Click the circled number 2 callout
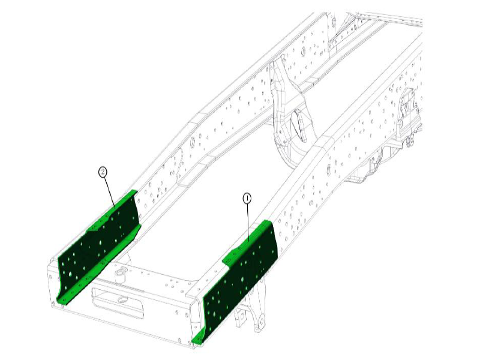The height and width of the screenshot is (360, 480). point(103,172)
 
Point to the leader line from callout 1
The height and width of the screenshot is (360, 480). point(247,222)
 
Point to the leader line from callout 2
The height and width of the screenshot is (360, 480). point(109,192)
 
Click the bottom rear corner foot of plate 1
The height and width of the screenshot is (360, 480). point(196,341)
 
